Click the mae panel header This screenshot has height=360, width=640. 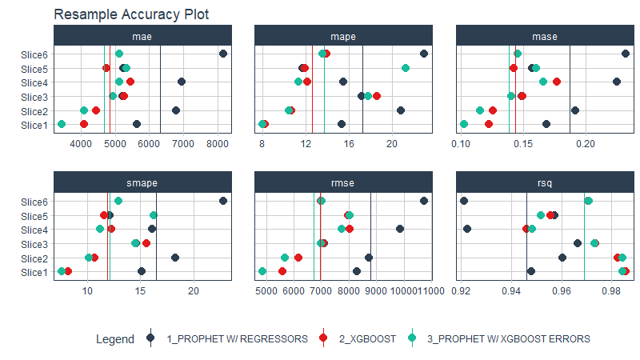click(143, 36)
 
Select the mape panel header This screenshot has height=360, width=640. click(343, 36)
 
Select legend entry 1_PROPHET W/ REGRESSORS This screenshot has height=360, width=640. click(236, 339)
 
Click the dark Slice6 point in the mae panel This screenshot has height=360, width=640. click(223, 54)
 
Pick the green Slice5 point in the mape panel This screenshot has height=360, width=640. click(406, 68)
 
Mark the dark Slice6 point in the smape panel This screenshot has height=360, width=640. click(223, 201)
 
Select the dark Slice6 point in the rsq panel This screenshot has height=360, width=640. click(464, 201)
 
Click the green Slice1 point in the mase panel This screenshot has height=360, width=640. click(464, 124)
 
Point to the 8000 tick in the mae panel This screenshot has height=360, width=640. click(218, 144)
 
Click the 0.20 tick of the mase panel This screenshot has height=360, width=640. click(586, 144)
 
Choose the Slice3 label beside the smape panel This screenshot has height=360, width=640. click(35, 243)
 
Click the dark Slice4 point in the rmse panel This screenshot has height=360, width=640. click(400, 229)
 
